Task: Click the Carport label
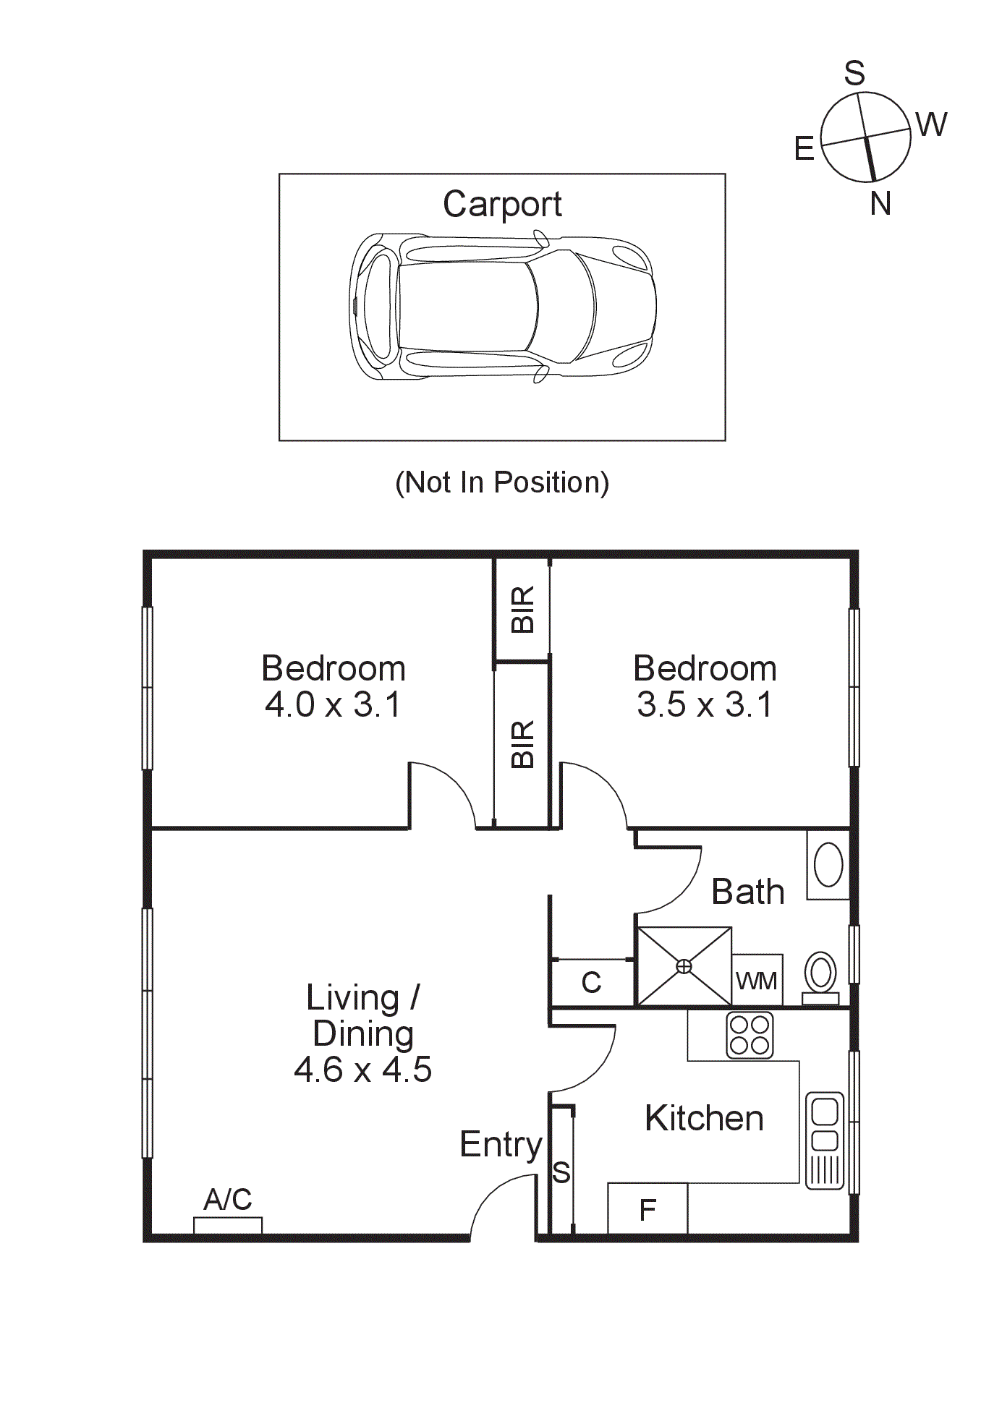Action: (501, 205)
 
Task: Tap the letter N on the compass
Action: (880, 204)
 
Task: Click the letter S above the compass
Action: (854, 73)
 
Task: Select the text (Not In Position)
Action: (501, 482)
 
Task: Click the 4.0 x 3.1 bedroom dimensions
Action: (333, 704)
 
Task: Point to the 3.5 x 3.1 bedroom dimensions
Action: (704, 704)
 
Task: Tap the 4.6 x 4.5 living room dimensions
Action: (362, 1070)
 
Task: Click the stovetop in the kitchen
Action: (750, 1035)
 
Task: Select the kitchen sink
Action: (825, 1140)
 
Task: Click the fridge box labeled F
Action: (647, 1208)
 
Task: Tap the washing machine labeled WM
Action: (757, 981)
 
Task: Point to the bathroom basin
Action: (828, 864)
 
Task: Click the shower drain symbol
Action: (684, 967)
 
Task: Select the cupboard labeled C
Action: (591, 982)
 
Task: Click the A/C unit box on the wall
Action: (227, 1225)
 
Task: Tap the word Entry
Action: (501, 1145)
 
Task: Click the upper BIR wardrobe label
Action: (522, 610)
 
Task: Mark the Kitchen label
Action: (704, 1119)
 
